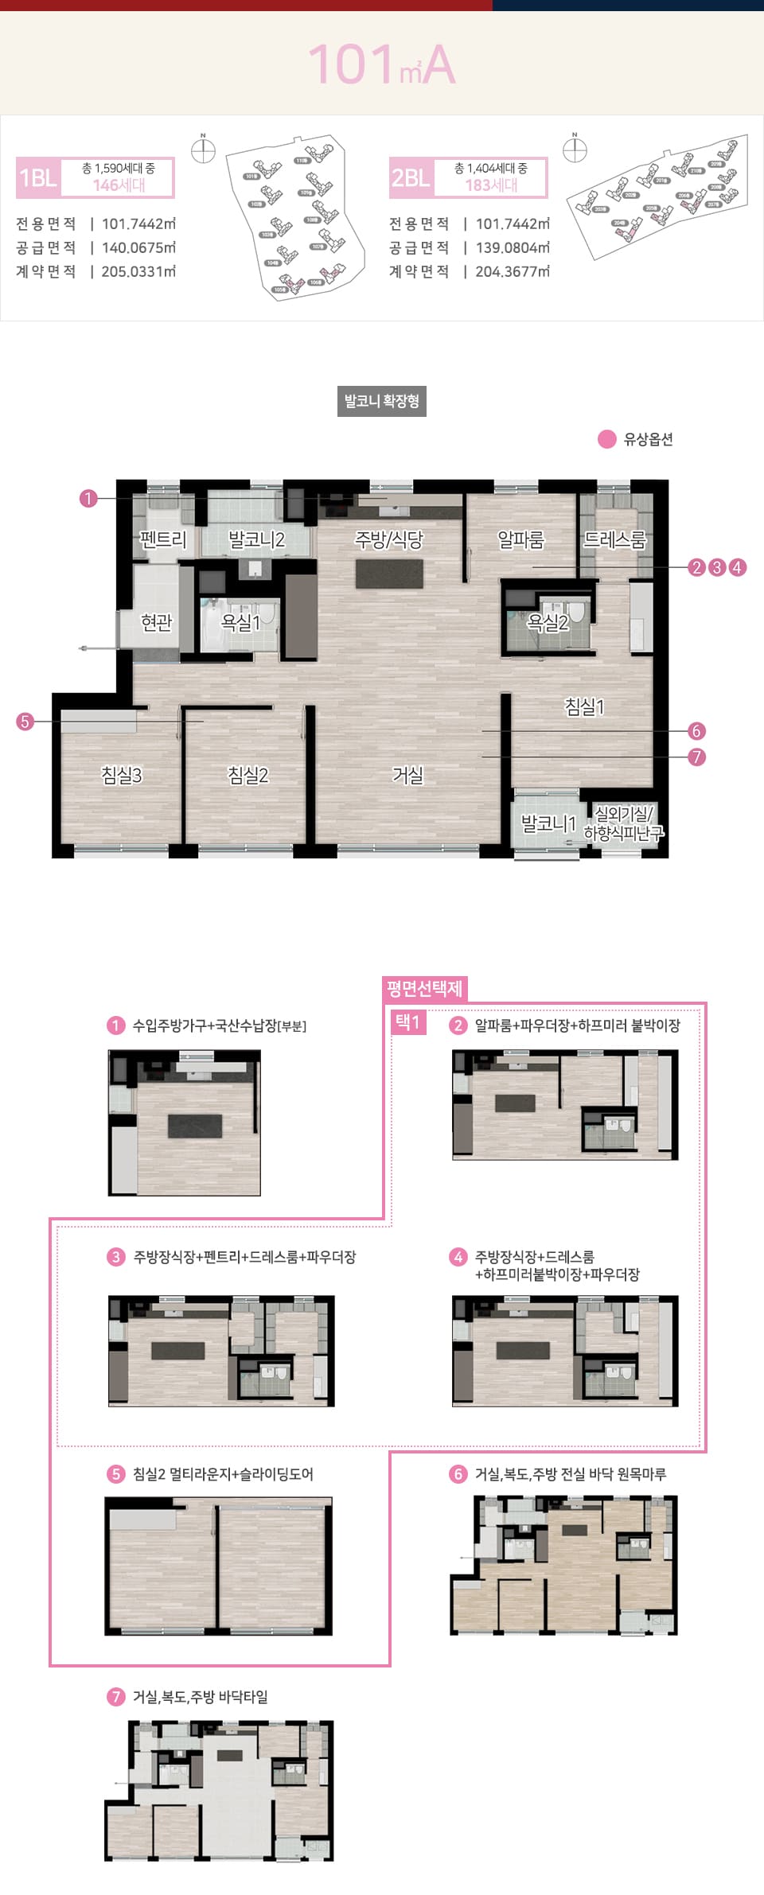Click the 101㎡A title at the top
click(x=382, y=64)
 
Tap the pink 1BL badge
click(x=37, y=177)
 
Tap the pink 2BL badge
click(x=411, y=177)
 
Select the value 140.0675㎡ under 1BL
click(x=138, y=247)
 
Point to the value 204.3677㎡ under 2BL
click(x=513, y=271)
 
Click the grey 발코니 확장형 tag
click(x=382, y=401)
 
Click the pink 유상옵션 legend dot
click(x=607, y=439)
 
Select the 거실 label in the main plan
click(x=407, y=774)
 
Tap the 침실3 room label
click(x=122, y=774)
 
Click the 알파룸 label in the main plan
click(x=520, y=539)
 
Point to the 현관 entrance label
click(x=156, y=621)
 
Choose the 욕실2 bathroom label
click(x=548, y=622)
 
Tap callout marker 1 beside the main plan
click(x=88, y=498)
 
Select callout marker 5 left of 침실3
click(x=25, y=722)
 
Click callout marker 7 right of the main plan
click(x=696, y=757)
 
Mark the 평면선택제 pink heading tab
click(x=424, y=988)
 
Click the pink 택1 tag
click(x=407, y=1021)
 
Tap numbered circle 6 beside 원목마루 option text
click(x=458, y=1473)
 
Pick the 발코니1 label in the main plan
click(x=548, y=823)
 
